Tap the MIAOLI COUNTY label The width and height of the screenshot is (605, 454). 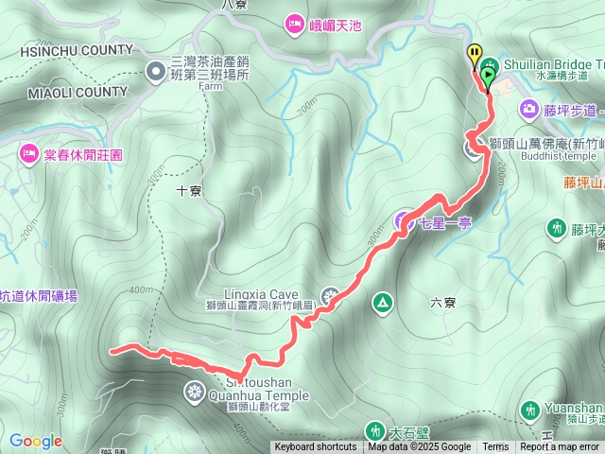click(63, 92)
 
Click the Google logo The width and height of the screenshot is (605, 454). click(35, 441)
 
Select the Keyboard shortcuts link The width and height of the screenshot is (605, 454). click(316, 447)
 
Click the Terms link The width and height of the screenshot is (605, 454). click(495, 447)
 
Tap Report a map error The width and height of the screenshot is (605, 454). click(560, 447)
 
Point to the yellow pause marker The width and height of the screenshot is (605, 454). click(475, 54)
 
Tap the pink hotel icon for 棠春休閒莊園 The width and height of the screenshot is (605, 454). click(26, 152)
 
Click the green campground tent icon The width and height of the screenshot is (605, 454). click(382, 303)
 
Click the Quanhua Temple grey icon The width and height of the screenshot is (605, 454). click(194, 391)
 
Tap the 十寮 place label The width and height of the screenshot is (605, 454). click(189, 190)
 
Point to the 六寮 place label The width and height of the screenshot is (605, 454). click(442, 303)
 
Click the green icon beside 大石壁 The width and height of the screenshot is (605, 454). click(374, 430)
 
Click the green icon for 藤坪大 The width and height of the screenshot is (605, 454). click(555, 228)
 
